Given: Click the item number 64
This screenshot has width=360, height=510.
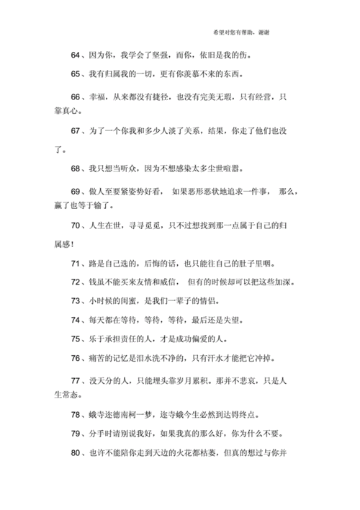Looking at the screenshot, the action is (x=76, y=55).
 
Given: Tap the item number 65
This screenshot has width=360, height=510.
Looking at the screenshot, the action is (x=76, y=74).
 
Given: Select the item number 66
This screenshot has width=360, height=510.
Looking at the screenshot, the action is (x=76, y=97).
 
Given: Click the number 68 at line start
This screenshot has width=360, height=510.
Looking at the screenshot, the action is (x=76, y=169).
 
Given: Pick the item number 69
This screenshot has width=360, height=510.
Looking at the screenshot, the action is (x=76, y=192).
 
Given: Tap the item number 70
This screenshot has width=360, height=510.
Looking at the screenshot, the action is (x=76, y=227).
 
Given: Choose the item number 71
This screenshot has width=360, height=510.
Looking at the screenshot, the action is (x=76, y=263).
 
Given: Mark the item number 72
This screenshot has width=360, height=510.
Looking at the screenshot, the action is (x=76, y=282).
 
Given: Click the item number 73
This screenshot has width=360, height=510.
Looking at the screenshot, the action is (x=76, y=300).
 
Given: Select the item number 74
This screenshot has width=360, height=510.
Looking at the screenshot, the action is (x=76, y=320).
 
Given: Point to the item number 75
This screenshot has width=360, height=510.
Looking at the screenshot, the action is (x=76, y=339).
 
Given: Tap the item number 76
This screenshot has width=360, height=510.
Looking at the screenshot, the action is (x=76, y=357).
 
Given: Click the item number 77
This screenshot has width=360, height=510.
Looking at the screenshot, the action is (x=76, y=380).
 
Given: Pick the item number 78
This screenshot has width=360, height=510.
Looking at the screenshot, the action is (x=76, y=415).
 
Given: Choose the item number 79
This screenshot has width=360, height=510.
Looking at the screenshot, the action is (x=76, y=434).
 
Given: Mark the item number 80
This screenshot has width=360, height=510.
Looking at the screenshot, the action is (x=76, y=453).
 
